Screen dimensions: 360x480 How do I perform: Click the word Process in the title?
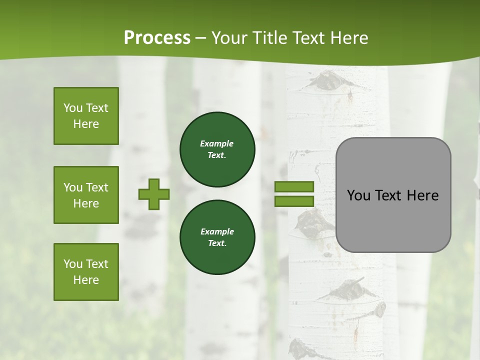click(157, 38)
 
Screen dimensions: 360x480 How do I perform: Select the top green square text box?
click(86, 116)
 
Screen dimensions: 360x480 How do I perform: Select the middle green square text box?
click(86, 195)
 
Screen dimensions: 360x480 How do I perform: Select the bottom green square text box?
click(86, 271)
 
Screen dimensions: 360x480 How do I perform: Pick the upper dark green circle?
click(217, 149)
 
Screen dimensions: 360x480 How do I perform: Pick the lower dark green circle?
click(217, 237)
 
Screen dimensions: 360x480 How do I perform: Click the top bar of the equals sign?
click(294, 187)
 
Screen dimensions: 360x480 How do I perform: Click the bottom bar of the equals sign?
click(294, 201)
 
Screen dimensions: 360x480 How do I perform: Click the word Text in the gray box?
click(388, 195)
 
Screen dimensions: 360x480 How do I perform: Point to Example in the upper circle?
click(216, 143)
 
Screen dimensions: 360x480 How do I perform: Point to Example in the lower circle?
click(216, 231)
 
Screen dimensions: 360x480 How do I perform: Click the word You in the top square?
click(72, 108)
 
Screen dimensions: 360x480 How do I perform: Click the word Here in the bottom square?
click(86, 280)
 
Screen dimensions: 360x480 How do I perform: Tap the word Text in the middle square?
click(97, 187)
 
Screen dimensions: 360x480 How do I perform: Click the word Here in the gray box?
click(422, 195)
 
